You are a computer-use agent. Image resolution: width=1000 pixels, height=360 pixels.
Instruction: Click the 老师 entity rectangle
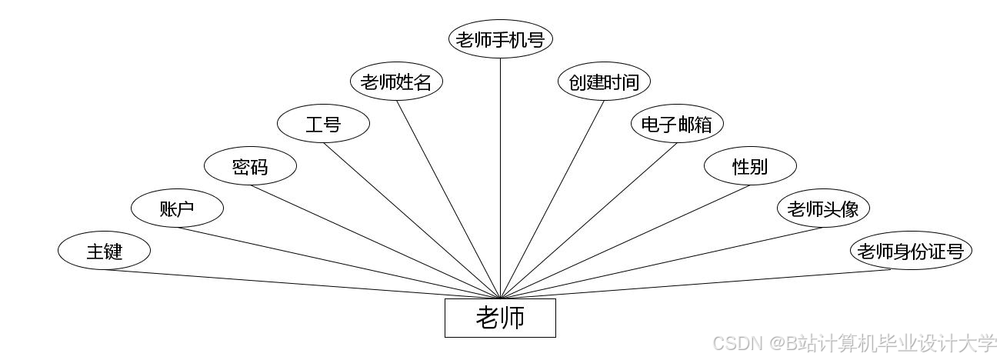[x=500, y=318]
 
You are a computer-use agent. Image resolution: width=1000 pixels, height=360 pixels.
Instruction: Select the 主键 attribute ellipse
[x=104, y=251]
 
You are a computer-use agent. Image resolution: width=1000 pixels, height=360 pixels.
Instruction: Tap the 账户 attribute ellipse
[x=177, y=208]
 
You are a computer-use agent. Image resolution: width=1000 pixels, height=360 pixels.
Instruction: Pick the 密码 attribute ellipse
[x=250, y=166]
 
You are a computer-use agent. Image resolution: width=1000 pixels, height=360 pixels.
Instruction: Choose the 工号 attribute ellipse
[x=323, y=124]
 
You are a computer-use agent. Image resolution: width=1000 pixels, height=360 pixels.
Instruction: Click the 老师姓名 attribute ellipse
[x=396, y=82]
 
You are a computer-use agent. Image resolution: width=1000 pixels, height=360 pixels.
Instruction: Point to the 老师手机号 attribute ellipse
[x=500, y=39]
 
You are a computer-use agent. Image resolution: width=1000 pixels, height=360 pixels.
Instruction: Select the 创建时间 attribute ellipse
[x=604, y=82]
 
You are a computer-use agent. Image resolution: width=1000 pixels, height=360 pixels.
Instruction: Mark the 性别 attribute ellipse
[x=750, y=166]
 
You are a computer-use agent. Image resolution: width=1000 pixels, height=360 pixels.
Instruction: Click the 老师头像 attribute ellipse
[x=823, y=208]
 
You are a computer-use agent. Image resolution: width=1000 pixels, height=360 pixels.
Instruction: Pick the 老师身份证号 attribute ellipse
[x=911, y=251]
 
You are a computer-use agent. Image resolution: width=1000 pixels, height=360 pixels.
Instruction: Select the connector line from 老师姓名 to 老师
[x=448, y=198]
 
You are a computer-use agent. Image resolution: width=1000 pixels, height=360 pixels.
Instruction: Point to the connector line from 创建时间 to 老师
[x=552, y=198]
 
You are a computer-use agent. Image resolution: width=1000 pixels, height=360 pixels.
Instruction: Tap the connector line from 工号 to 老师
[x=412, y=221]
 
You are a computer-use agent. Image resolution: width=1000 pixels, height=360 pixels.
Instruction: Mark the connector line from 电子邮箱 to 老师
[x=588, y=221]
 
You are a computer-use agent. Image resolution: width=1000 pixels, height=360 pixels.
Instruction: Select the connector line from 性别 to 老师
[x=625, y=242]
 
